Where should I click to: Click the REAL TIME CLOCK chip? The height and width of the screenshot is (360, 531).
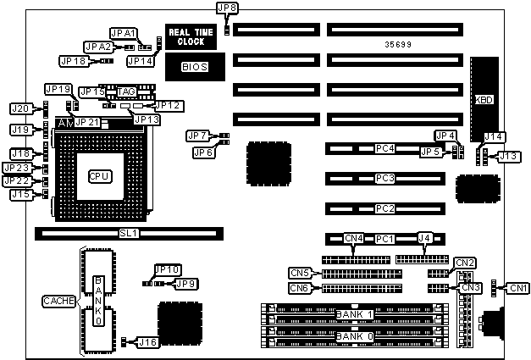191,36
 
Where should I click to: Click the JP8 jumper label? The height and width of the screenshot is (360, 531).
227,8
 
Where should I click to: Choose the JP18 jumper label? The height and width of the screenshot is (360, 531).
72,61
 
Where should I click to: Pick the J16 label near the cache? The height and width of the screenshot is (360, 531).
148,341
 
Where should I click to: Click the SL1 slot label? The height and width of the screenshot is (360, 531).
128,232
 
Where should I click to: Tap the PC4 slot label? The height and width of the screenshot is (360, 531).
385,149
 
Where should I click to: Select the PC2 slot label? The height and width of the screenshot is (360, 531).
385,208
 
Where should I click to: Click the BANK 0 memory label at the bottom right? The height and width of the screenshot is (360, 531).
354,337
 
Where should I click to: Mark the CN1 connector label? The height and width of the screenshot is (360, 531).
519,288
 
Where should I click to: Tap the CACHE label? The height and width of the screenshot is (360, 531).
58,301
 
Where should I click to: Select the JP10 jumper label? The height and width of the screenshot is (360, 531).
168,269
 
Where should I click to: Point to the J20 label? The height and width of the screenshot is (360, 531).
20,108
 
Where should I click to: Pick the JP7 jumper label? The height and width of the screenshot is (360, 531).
197,136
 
